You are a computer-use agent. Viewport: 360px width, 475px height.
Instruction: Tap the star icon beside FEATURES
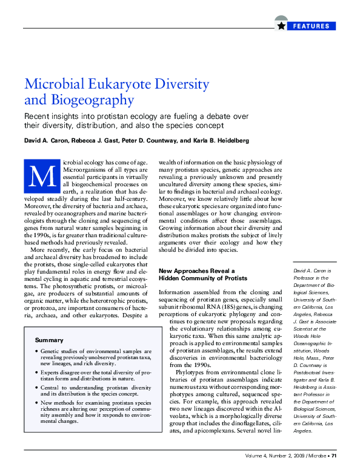281,25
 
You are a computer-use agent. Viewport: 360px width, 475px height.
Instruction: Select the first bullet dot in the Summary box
37,351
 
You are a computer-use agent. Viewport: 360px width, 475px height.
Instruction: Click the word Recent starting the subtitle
38,115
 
